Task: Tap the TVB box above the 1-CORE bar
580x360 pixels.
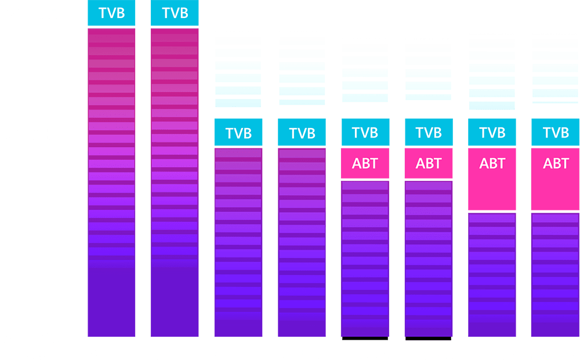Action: [111, 13]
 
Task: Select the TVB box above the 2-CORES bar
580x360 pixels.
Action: [175, 13]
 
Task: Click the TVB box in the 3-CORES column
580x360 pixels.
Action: [238, 133]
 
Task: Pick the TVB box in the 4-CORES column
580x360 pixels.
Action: [302, 133]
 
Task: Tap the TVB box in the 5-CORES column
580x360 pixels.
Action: [365, 132]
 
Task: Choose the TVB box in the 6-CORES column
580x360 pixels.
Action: [429, 132]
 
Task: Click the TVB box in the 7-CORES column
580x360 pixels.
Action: [492, 132]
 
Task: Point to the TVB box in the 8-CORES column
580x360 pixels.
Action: [555, 132]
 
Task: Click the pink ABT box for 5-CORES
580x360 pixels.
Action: [365, 163]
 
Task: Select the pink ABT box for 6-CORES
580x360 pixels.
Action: [429, 163]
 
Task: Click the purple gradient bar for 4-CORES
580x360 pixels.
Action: [302, 243]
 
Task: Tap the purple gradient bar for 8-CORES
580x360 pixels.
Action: [555, 275]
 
